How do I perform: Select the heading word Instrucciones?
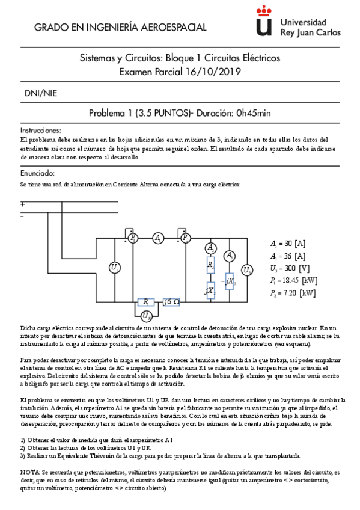pyautogui.click(x=41, y=130)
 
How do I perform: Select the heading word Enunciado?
pyautogui.click(x=38, y=173)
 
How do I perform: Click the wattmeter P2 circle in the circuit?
pyautogui.click(x=185, y=239)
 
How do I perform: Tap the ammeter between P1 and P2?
pyautogui.click(x=158, y=239)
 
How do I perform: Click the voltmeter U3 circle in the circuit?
pyautogui.click(x=246, y=270)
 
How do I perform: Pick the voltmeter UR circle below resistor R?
pyautogui.click(x=145, y=316)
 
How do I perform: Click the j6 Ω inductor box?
pyautogui.click(x=171, y=301)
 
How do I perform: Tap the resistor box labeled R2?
pyautogui.click(x=210, y=265)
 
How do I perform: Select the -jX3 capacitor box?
pyautogui.click(x=229, y=280)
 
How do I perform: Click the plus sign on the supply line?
pyautogui.click(x=23, y=204)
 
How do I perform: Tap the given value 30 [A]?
pyautogui.click(x=292, y=244)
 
